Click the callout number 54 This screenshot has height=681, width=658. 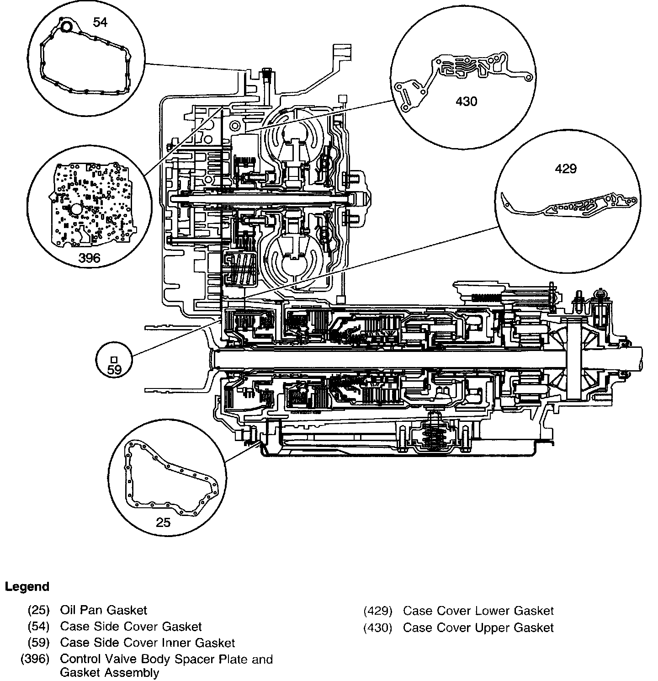click(x=100, y=22)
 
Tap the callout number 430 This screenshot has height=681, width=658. click(x=466, y=101)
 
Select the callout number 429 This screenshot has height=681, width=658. click(x=566, y=169)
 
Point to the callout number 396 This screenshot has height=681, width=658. click(x=89, y=258)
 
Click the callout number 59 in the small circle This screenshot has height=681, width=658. click(x=114, y=370)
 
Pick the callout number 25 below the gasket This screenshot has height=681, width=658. click(x=163, y=522)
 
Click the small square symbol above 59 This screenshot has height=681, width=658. click(x=114, y=359)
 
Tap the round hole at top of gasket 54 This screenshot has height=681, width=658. click(x=67, y=27)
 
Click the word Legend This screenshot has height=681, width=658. click(x=27, y=586)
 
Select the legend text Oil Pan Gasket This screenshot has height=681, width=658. click(x=104, y=610)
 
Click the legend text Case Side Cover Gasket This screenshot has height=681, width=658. click(x=131, y=627)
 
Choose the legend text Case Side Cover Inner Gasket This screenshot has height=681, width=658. click(x=147, y=643)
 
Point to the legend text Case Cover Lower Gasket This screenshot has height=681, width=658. click(x=478, y=611)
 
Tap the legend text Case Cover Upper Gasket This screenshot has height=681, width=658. click(x=478, y=628)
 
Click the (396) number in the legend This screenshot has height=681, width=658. click(x=35, y=660)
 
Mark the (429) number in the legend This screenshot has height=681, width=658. click(x=378, y=611)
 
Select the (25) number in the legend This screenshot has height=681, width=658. click(x=38, y=610)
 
